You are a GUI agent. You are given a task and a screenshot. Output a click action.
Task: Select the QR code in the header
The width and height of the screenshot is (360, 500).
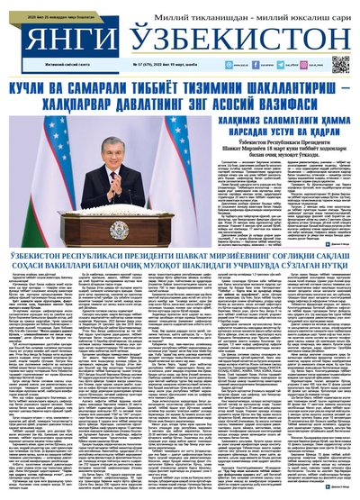[339, 64]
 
